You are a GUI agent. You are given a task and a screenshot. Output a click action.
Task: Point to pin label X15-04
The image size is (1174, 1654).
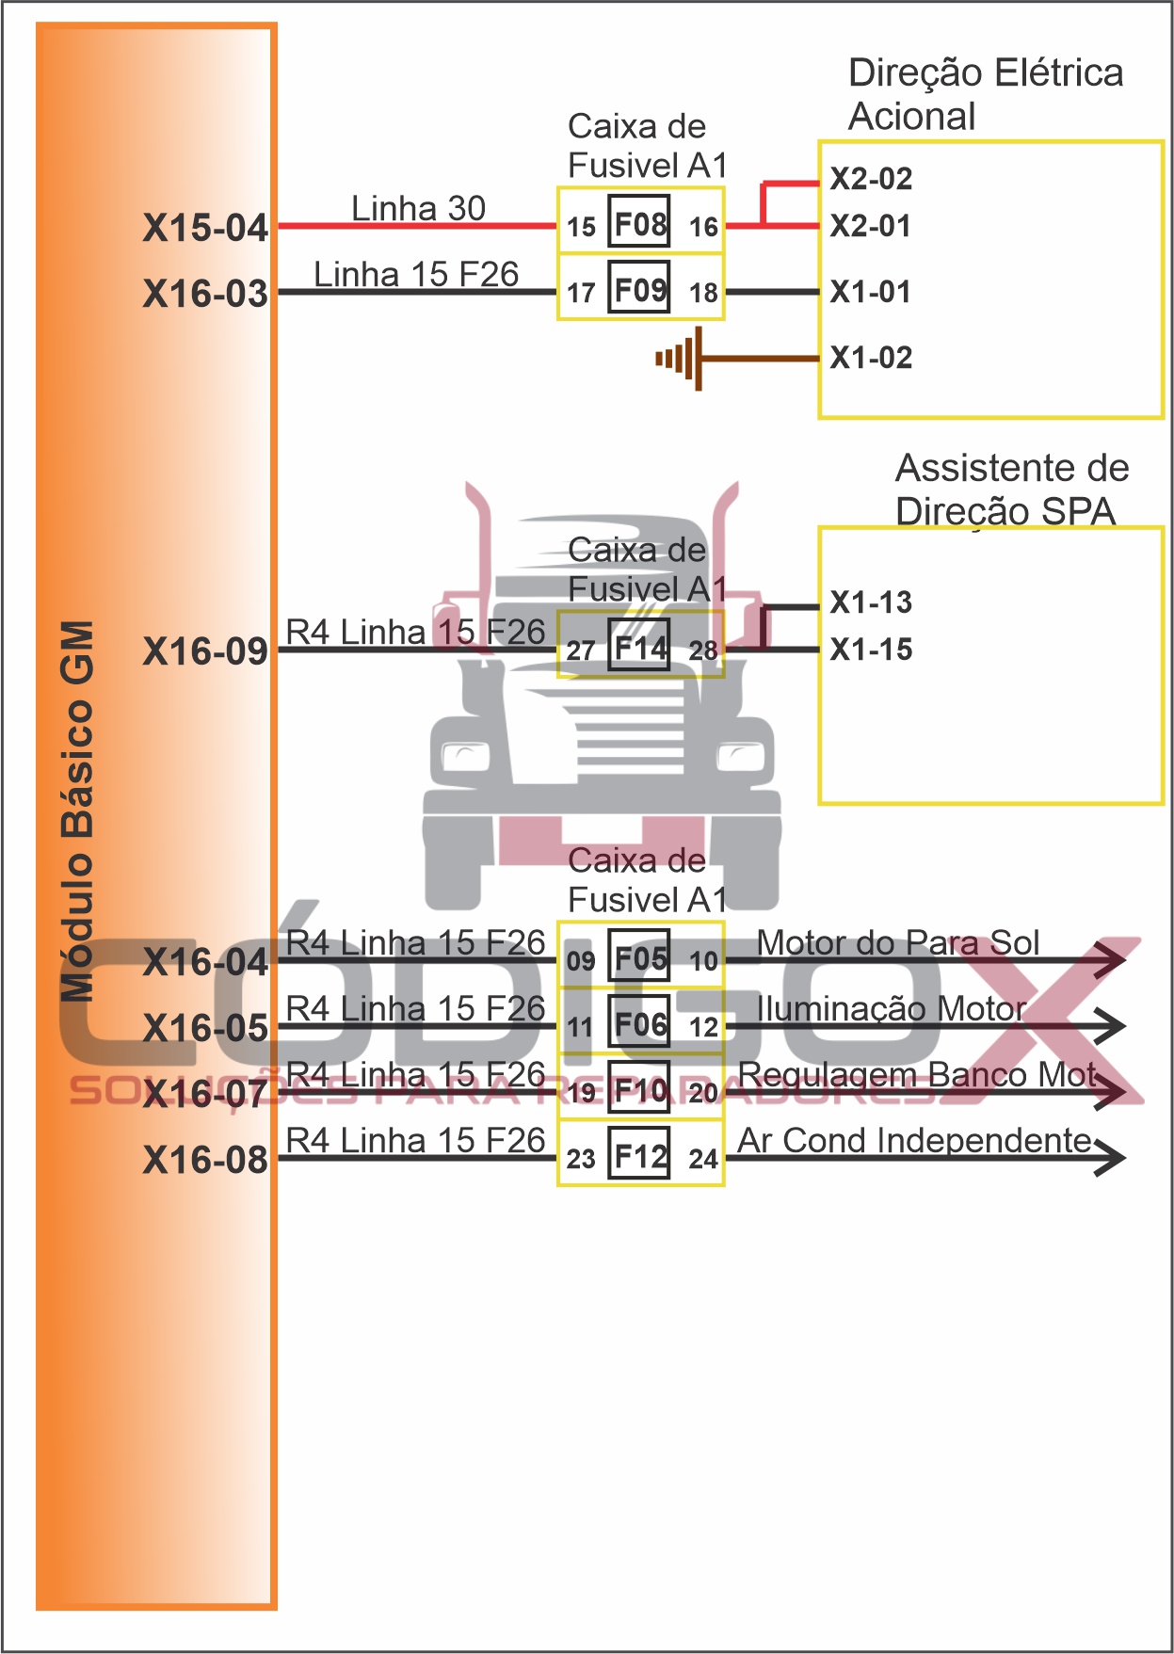click(205, 228)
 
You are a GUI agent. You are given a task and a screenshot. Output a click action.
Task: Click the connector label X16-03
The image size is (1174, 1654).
click(205, 294)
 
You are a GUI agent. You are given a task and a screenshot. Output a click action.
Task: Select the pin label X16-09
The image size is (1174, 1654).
click(205, 651)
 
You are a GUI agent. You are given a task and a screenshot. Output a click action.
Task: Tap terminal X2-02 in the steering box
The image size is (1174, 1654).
click(871, 179)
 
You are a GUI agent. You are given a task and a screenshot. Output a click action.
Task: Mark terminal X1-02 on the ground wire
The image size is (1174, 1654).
click(871, 358)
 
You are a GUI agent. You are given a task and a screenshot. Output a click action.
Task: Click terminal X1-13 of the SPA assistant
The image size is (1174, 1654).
click(871, 602)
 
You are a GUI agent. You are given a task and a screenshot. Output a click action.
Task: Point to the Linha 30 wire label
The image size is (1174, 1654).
click(418, 208)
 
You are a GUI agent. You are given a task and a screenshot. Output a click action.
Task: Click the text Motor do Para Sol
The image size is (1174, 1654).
click(898, 942)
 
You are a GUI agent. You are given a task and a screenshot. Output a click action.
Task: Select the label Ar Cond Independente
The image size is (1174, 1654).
click(914, 1140)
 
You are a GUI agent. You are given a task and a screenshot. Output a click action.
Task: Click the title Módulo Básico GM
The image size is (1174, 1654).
click(77, 810)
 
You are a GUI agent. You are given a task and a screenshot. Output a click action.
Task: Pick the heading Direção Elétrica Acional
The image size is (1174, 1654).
click(985, 94)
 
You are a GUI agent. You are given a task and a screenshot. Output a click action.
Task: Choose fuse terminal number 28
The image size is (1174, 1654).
click(703, 650)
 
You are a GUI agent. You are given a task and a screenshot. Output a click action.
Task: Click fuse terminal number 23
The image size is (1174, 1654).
click(580, 1159)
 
